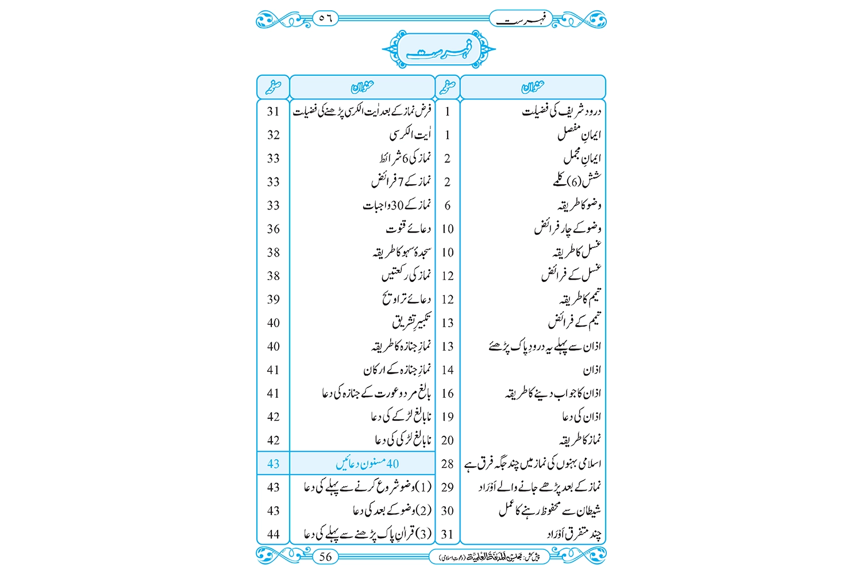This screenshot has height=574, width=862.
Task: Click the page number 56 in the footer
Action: pyautogui.click(x=325, y=556)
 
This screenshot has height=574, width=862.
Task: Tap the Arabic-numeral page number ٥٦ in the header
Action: pyautogui.click(x=325, y=18)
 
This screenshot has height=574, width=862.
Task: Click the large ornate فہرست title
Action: pyautogui.click(x=438, y=51)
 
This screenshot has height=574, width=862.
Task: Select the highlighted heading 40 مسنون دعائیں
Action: pyautogui.click(x=367, y=463)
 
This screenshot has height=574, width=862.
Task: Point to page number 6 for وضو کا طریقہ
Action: pyautogui.click(x=447, y=205)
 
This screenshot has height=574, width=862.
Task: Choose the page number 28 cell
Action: pyautogui.click(x=447, y=464)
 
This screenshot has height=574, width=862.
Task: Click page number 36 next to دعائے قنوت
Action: pyautogui.click(x=273, y=229)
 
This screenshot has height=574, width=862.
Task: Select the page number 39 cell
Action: pyautogui.click(x=273, y=300)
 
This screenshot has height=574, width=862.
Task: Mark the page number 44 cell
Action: pyautogui.click(x=273, y=534)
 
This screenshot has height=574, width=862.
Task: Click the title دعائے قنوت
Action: pyautogui.click(x=408, y=228)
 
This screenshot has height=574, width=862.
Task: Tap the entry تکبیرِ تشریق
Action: pyautogui.click(x=411, y=322)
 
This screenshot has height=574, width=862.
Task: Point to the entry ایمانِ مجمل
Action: pyautogui.click(x=582, y=157)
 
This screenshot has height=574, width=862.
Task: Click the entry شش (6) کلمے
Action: pyautogui.click(x=577, y=181)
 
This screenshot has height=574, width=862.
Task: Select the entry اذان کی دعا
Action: pyautogui.click(x=581, y=417)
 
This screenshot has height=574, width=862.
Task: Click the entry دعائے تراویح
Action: pyautogui.click(x=406, y=299)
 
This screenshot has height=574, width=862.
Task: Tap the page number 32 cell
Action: pyautogui.click(x=273, y=135)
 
